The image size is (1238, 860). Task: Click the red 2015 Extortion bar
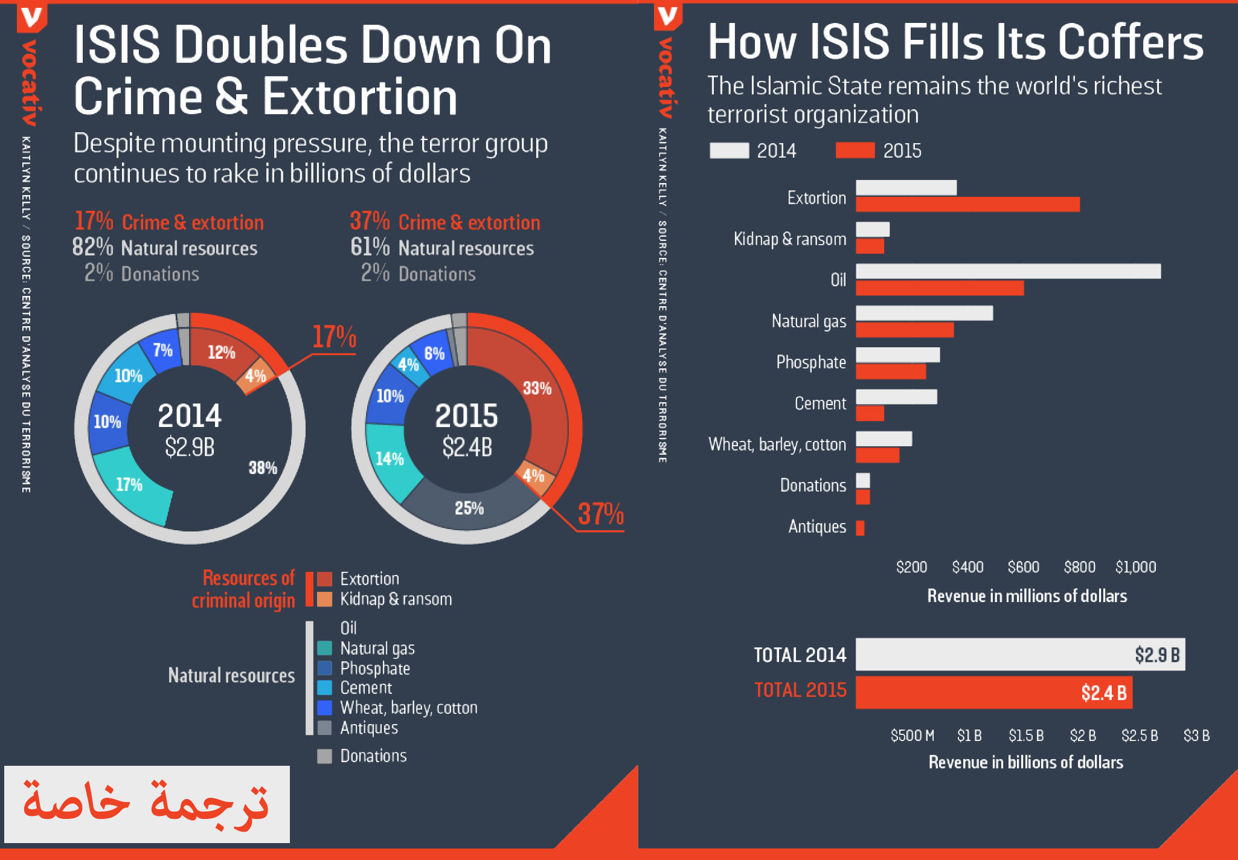tap(967, 205)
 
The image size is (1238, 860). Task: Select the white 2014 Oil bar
tap(1008, 271)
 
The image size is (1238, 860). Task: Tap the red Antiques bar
tap(860, 528)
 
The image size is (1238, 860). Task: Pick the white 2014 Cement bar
tap(896, 397)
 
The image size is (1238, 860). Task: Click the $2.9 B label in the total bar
tap(1156, 655)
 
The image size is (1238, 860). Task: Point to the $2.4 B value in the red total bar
tap(1103, 693)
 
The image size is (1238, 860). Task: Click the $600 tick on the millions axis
tap(1023, 567)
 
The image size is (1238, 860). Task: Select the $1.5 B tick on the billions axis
tap(1025, 736)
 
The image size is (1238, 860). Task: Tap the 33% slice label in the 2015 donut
tap(537, 388)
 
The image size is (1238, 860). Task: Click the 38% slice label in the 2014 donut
tap(263, 467)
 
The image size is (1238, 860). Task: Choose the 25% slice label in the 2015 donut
tap(469, 509)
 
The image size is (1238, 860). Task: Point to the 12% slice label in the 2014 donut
tap(221, 352)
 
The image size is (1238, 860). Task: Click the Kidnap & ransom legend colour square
tap(325, 599)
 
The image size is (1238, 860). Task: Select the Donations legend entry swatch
tap(325, 756)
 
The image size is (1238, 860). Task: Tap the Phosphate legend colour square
tap(325, 668)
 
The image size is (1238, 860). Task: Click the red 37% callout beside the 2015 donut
tap(600, 514)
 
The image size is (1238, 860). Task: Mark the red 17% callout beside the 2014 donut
tap(334, 337)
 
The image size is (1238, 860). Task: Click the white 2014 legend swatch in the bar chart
tap(729, 150)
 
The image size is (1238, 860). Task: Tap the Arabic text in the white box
tap(146, 804)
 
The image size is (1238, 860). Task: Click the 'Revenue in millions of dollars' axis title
tap(1027, 596)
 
